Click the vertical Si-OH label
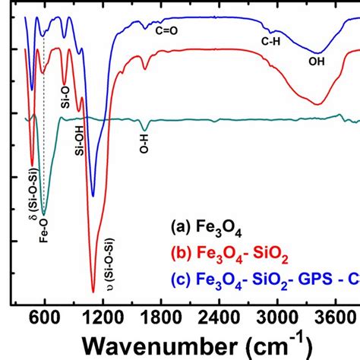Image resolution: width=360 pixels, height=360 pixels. click(79, 138)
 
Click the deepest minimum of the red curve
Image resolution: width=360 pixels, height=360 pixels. click(93, 291)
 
